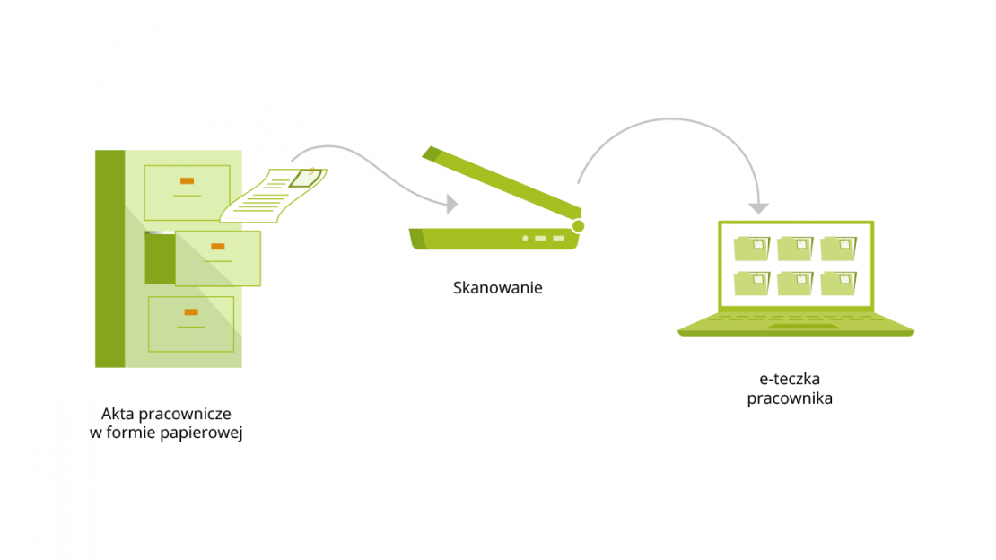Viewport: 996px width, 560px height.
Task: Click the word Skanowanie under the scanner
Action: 498,289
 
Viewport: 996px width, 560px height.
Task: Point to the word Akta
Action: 117,414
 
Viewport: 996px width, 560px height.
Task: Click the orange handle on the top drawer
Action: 187,180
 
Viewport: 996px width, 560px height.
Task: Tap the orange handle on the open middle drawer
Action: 217,246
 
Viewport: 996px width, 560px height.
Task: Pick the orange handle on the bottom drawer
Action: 190,311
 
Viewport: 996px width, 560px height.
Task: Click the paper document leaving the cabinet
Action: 272,195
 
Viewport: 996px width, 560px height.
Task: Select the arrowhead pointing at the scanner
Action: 451,205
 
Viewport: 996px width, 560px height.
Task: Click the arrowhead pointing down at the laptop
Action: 758,207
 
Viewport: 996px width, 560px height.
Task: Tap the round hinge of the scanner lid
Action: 578,225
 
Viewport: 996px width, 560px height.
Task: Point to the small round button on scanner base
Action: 524,239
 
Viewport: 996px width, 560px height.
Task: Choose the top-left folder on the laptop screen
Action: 752,249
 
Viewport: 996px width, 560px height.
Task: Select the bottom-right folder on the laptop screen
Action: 838,283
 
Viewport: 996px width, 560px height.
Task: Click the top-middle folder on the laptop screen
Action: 795,249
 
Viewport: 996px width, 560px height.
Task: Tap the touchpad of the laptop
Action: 796,326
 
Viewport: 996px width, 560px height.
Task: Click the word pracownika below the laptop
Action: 789,398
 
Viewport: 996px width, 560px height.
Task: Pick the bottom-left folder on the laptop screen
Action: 752,283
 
